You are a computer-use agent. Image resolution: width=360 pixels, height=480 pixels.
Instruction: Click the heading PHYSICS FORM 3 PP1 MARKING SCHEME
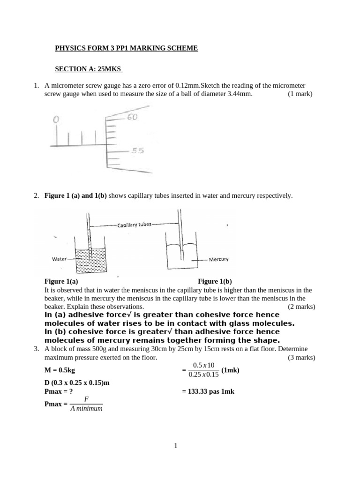click(x=127, y=48)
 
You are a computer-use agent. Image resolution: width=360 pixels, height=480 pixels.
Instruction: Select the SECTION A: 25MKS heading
click(x=89, y=69)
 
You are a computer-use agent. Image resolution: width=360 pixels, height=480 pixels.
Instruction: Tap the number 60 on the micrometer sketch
click(x=131, y=117)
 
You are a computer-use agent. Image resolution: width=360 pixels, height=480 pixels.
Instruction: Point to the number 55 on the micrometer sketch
click(x=137, y=151)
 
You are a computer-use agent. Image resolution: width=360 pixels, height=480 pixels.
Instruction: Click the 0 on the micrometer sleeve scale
click(x=56, y=120)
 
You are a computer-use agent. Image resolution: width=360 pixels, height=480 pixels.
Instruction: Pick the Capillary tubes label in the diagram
click(x=135, y=225)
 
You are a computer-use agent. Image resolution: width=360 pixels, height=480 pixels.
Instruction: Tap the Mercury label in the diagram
click(x=219, y=259)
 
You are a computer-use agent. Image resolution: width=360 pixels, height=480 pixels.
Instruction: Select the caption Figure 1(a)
click(x=61, y=282)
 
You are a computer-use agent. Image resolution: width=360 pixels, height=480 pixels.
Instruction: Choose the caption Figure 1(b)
click(x=215, y=282)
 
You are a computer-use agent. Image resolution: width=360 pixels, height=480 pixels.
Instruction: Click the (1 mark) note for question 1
click(x=300, y=94)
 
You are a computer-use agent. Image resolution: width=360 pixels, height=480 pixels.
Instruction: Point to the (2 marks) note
click(x=301, y=307)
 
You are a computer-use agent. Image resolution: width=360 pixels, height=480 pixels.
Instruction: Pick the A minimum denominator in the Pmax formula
click(x=86, y=408)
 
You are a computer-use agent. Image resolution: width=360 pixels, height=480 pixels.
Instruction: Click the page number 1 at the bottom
click(x=176, y=446)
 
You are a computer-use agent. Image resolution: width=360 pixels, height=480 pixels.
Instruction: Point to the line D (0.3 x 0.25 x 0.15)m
click(x=77, y=382)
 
